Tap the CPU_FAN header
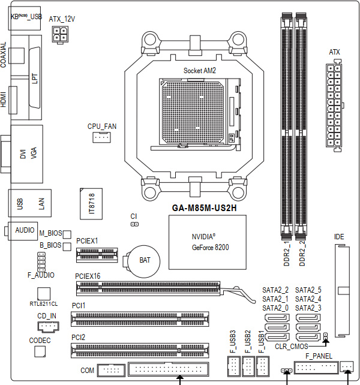(x=101, y=137)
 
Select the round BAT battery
(x=144, y=260)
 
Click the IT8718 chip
(x=91, y=204)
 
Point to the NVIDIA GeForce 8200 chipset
(x=208, y=242)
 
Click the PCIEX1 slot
(x=97, y=255)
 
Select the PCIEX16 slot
(x=148, y=288)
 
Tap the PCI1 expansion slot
(x=140, y=319)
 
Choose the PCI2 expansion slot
(x=140, y=350)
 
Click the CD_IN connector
(x=49, y=327)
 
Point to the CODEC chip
(x=40, y=351)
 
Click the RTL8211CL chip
(x=44, y=294)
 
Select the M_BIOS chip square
(x=67, y=234)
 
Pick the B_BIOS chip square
(x=67, y=246)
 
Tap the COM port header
(x=112, y=370)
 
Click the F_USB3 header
(x=234, y=366)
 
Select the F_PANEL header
(x=316, y=368)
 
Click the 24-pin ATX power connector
(x=334, y=106)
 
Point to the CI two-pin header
(x=134, y=224)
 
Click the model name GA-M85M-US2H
(x=204, y=208)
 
